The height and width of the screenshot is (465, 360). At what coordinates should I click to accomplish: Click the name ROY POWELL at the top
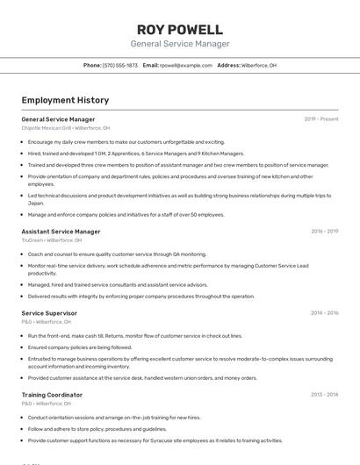[x=180, y=29]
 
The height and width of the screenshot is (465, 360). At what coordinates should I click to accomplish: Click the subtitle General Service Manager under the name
[x=180, y=44]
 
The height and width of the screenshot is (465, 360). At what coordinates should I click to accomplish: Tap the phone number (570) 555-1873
[x=120, y=66]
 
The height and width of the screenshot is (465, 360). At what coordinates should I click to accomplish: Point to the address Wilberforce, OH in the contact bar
[x=259, y=66]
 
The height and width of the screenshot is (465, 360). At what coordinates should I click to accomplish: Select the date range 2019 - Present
[x=321, y=119]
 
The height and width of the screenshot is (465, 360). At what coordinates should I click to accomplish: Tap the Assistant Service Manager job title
[x=61, y=232]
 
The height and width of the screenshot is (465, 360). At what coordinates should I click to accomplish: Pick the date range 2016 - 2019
[x=324, y=232]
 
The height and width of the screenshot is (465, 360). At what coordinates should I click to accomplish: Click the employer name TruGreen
[x=32, y=240]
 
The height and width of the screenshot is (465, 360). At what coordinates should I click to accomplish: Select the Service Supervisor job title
[x=49, y=313]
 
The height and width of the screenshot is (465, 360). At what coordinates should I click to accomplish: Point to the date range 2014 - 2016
[x=324, y=313]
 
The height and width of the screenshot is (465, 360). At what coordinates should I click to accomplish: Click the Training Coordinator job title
[x=52, y=395]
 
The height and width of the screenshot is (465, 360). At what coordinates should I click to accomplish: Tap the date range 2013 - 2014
[x=324, y=395]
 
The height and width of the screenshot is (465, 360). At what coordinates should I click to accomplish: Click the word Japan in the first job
[x=35, y=203]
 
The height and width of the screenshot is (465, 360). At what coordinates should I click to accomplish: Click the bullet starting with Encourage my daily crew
[x=126, y=141]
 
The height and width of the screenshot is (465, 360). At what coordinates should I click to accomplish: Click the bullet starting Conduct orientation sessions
[x=114, y=418]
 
